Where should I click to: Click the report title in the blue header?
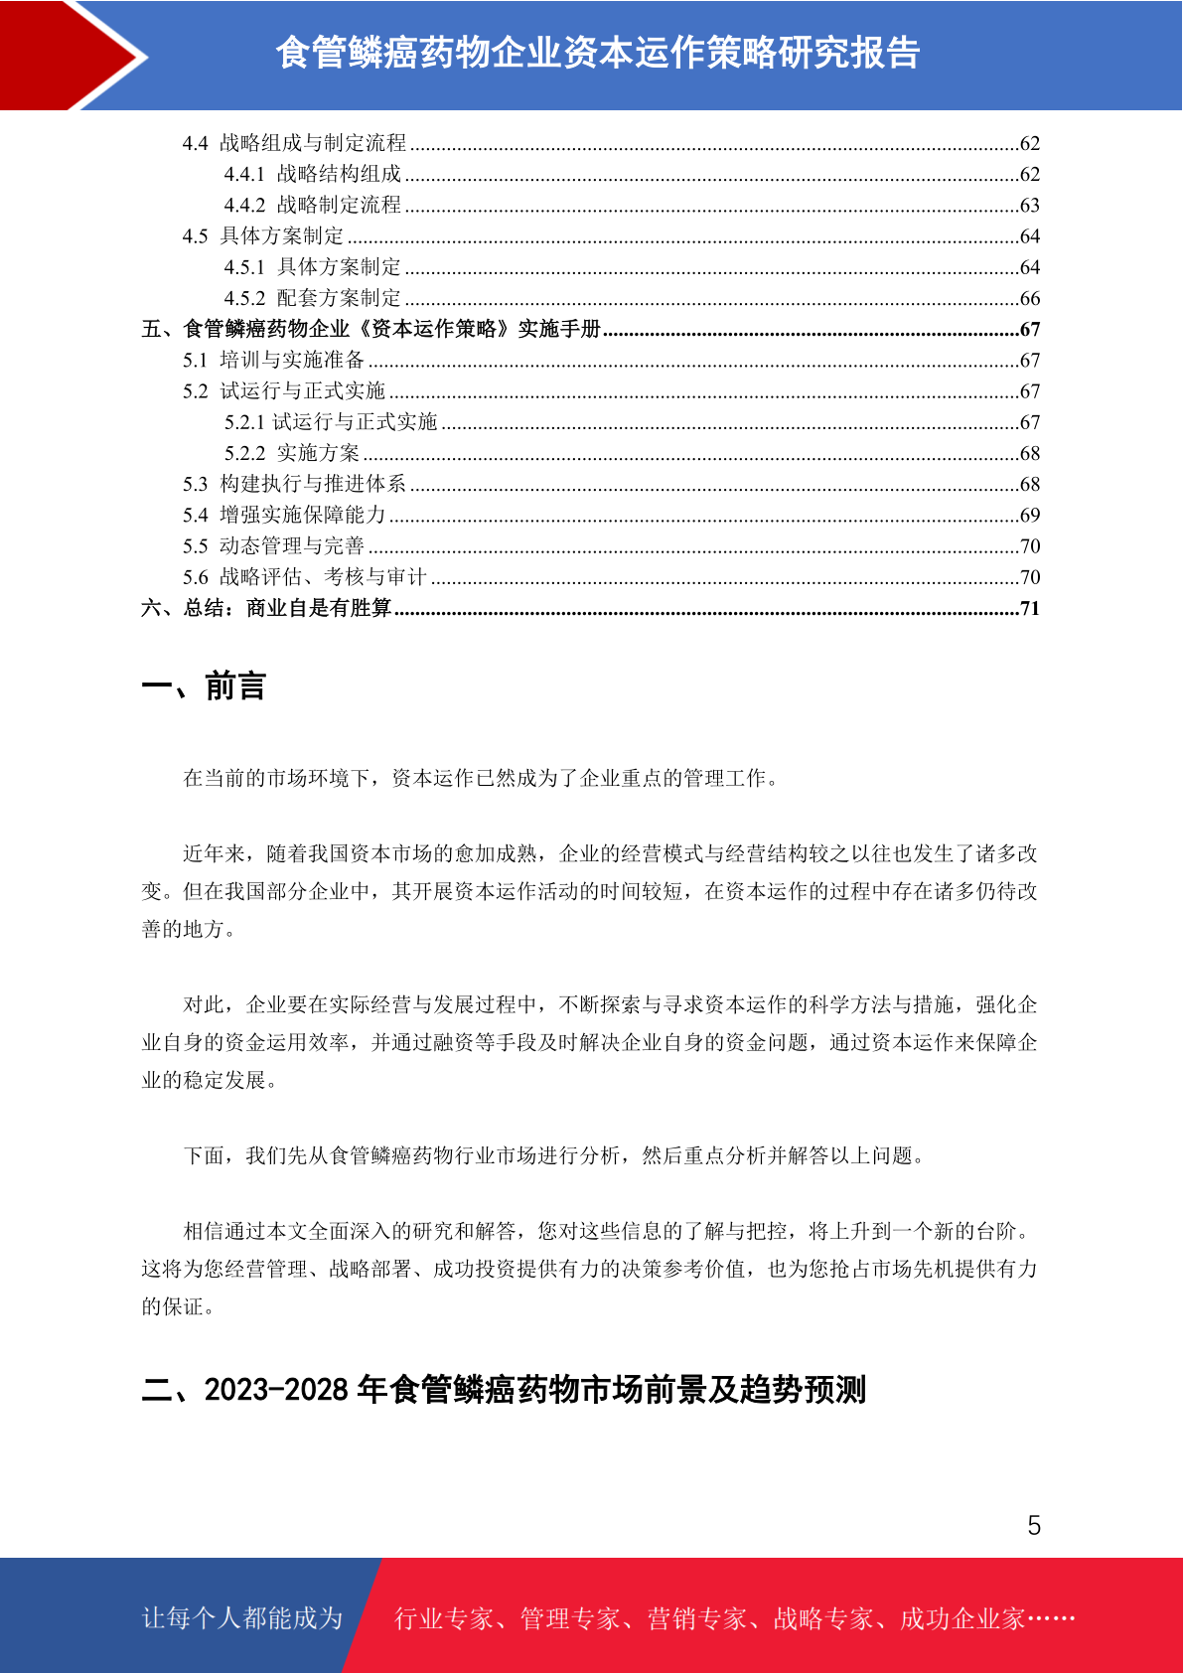point(597,53)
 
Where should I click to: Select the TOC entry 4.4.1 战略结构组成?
point(313,175)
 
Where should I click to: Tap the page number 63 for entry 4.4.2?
point(1030,206)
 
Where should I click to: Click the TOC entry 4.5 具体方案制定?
point(263,236)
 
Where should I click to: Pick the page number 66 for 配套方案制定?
point(1030,299)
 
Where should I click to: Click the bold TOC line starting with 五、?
point(371,330)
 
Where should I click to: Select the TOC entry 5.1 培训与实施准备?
point(273,361)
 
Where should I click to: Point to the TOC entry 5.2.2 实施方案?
point(292,454)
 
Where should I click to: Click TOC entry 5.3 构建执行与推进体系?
point(294,485)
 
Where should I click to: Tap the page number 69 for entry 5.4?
point(1030,516)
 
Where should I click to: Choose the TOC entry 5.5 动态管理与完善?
point(273,546)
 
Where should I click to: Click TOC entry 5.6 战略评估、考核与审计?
point(304,577)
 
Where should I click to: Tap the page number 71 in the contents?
point(1030,609)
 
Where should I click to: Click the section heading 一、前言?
point(204,686)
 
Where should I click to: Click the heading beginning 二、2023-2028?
point(504,1389)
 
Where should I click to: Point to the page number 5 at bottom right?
point(1034,1526)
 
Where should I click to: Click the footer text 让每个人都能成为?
point(242,1618)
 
